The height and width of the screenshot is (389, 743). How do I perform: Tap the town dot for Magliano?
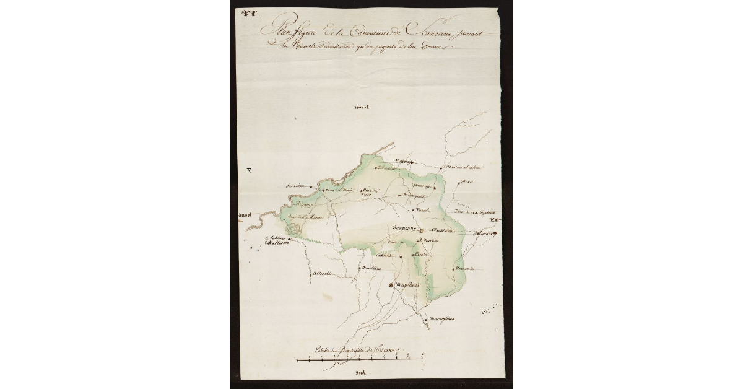391,286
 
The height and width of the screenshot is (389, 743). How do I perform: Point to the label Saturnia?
483,234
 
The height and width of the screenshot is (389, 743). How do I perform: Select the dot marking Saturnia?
495,234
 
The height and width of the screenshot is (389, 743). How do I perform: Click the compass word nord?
362,107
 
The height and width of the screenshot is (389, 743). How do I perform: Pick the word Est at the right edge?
493,220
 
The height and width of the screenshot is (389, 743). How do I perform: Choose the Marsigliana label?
442,320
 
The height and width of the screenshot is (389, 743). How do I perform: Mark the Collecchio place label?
323,273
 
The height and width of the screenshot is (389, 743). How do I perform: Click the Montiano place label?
370,268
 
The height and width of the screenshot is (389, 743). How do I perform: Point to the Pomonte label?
464,268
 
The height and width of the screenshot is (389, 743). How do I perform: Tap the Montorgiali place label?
414,195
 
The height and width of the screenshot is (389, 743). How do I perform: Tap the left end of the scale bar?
297,359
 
